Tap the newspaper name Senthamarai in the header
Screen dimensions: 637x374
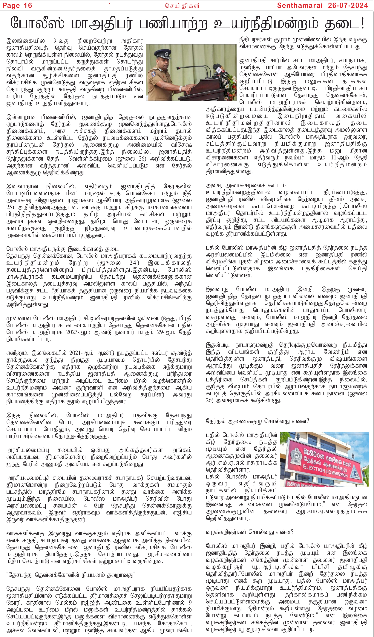click(300, 6)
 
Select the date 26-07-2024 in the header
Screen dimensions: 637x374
click(348, 6)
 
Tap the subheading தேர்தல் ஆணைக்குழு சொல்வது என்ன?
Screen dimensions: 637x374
click(257, 421)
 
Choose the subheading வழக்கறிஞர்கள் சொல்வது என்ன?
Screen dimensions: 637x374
click(249, 532)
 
